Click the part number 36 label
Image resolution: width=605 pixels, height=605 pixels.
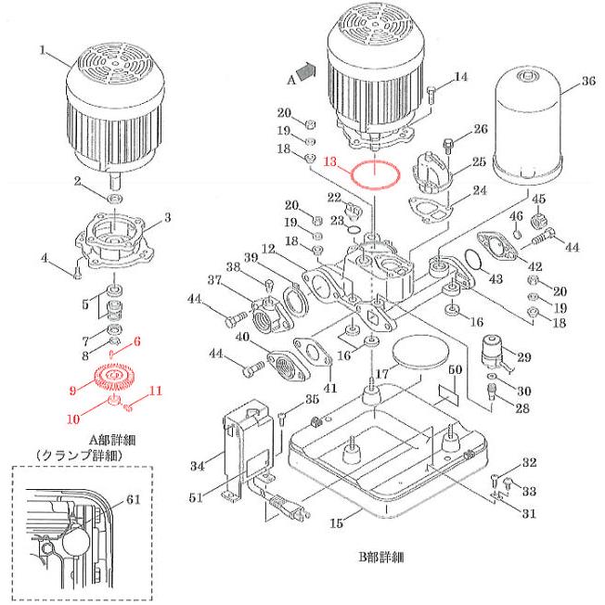(x=586, y=82)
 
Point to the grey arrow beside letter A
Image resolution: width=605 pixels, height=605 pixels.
(x=305, y=68)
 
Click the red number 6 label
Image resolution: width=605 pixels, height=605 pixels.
(x=137, y=341)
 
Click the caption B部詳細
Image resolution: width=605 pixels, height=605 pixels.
(x=384, y=559)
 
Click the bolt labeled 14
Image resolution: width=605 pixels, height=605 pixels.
(x=433, y=93)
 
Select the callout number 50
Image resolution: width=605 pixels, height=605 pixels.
(x=455, y=371)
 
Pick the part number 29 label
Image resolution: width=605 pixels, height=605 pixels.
(x=523, y=357)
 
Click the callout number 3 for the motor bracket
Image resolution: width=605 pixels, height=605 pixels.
(x=167, y=217)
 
